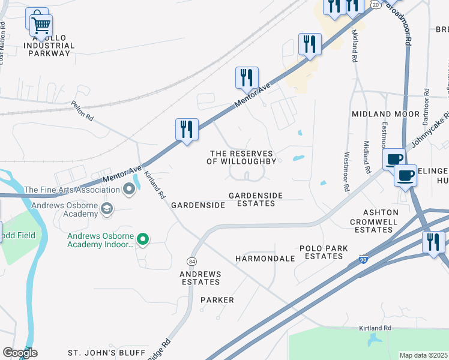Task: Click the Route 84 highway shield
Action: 191,262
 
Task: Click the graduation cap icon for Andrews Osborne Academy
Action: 107,209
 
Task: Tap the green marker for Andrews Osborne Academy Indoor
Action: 142,240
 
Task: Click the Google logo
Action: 20,353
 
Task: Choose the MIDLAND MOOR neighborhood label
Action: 385,114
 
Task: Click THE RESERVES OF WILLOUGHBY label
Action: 241,158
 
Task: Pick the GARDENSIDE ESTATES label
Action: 252,200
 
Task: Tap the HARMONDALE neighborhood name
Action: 265,259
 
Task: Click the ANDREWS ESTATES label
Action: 200,278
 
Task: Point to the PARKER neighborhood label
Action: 217,299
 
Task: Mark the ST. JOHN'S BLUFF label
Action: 106,352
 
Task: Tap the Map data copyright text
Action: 423,355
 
